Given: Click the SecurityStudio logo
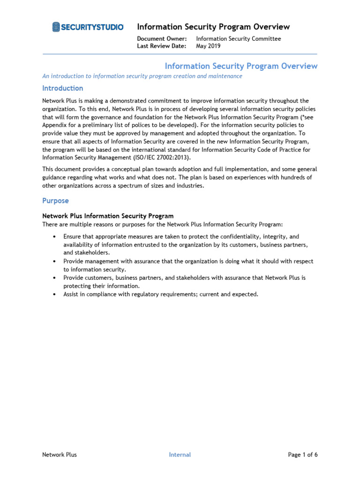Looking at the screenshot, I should (x=88, y=27).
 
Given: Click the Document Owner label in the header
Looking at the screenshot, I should (x=162, y=39).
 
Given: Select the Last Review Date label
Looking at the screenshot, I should (x=161, y=46).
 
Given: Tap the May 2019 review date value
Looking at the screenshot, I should (x=209, y=46).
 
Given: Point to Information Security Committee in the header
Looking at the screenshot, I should (x=238, y=39).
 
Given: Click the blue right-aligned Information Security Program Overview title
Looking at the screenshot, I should (x=241, y=66).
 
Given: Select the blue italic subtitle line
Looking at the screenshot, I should (x=142, y=76).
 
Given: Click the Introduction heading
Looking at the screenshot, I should (x=63, y=88).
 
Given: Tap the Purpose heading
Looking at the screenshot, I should (x=55, y=201).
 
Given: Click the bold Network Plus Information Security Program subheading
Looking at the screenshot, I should (x=108, y=216).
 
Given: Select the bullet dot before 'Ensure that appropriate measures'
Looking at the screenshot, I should (x=55, y=237).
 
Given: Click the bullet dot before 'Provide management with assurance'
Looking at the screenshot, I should (x=55, y=262).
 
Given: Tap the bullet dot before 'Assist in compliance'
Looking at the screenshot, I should (x=55, y=294).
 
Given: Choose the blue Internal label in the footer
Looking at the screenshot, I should (x=180, y=455).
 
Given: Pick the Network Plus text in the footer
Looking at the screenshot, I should (x=60, y=455).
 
